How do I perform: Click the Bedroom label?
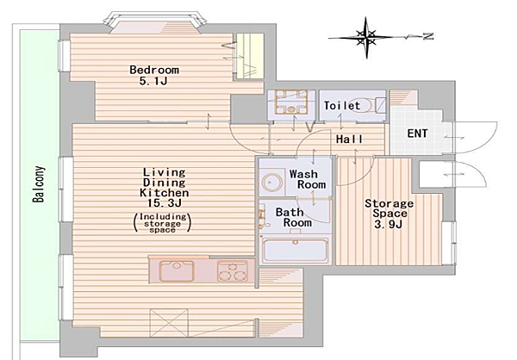click(154, 70)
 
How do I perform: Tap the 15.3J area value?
click(165, 203)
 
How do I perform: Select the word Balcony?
click(39, 184)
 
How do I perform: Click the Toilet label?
click(342, 105)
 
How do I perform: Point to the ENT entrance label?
click(417, 133)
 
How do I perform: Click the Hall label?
click(349, 140)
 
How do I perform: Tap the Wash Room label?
click(308, 179)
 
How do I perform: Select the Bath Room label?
click(294, 217)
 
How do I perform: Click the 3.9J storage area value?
click(389, 225)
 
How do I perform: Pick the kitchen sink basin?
click(176, 270)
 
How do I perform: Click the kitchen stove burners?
click(233, 271)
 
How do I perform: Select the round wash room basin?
click(272, 183)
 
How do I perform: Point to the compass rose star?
click(365, 38)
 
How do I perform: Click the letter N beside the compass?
click(428, 36)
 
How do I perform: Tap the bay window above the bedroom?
click(154, 21)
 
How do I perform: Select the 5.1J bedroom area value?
click(153, 80)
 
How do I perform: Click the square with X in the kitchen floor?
click(169, 323)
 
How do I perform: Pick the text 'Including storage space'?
click(163, 223)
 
